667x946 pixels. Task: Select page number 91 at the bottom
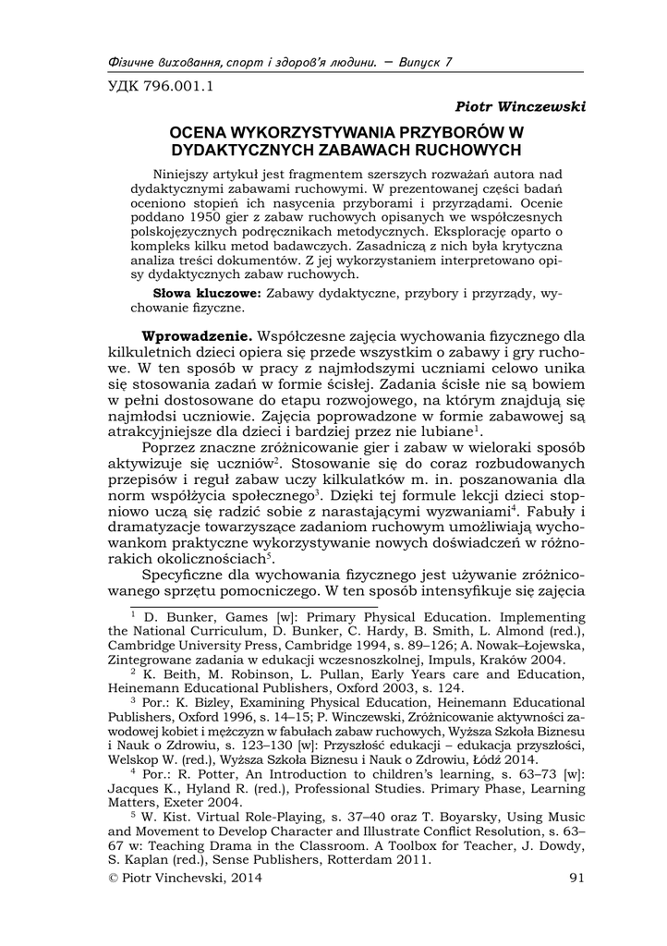click(577, 878)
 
